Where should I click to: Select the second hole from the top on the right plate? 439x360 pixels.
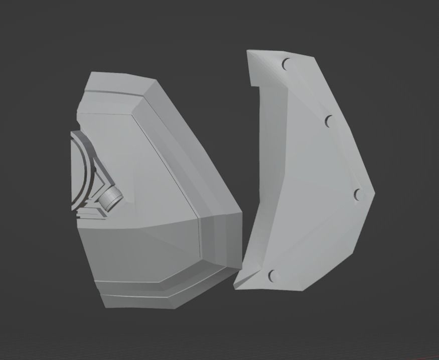(330, 121)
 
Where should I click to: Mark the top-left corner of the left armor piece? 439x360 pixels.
(90, 74)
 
